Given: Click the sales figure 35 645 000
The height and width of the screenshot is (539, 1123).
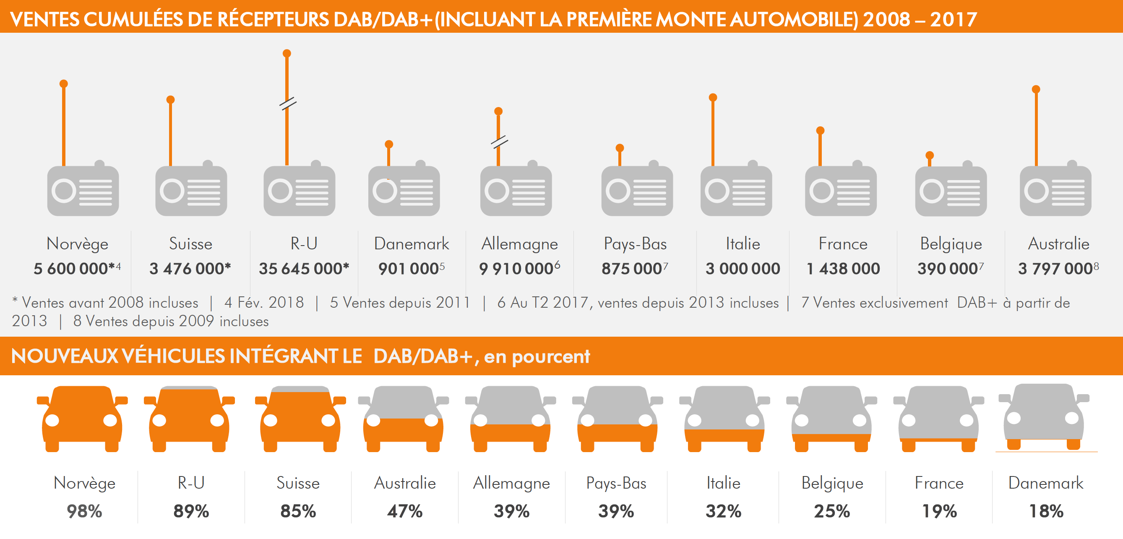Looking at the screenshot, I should [303, 269].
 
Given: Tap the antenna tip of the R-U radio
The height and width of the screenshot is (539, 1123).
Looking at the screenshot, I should [287, 54].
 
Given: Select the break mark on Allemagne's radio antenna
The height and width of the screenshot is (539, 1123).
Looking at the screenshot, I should [499, 142].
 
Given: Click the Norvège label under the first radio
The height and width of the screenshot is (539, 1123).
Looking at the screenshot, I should [77, 244].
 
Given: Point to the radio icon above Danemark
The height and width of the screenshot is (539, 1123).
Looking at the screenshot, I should [404, 190].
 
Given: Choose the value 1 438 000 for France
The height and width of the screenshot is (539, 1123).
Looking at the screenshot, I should [843, 269].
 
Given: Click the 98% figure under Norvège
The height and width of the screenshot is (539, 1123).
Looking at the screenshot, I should [84, 511].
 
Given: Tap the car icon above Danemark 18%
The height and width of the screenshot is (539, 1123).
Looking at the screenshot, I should [1044, 416].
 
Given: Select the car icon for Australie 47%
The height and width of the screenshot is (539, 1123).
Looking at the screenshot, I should [403, 419].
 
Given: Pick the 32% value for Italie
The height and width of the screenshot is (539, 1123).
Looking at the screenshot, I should [723, 511].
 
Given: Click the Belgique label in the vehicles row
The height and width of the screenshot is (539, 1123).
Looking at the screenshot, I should [832, 483].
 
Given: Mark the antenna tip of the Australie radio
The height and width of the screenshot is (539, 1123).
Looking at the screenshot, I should [1036, 89].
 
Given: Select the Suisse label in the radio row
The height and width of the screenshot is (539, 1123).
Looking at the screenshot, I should [190, 244].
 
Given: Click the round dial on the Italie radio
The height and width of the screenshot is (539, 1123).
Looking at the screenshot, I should [717, 191].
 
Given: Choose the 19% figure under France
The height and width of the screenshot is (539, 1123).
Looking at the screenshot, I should [939, 511].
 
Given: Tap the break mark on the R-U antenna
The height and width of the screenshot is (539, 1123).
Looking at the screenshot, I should [288, 104].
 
